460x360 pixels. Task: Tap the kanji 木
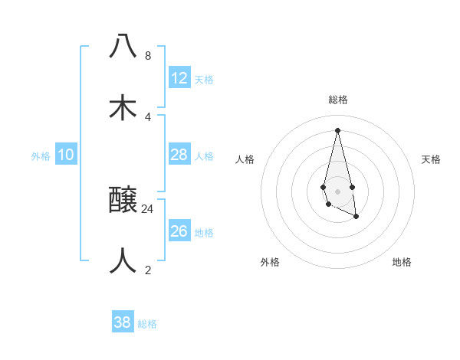tap(123, 107)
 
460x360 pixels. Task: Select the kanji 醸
tap(123, 201)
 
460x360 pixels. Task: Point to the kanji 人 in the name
tap(123, 260)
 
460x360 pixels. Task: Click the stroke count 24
tap(148, 208)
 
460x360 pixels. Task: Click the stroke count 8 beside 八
tap(147, 55)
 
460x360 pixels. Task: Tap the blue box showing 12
tap(179, 78)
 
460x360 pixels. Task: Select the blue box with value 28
tap(179, 155)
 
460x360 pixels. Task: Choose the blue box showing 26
tap(179, 231)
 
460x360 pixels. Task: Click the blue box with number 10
tap(66, 155)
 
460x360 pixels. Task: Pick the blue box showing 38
tap(123, 322)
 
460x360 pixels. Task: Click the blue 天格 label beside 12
tap(204, 80)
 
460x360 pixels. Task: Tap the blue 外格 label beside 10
tap(41, 156)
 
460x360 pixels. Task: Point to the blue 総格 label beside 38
tap(147, 324)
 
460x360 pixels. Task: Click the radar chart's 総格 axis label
tap(338, 100)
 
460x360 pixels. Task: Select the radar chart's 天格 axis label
tap(432, 159)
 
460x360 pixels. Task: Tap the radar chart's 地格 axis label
tap(402, 262)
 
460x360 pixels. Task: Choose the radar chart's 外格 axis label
tap(270, 262)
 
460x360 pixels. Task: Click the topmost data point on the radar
tap(338, 129)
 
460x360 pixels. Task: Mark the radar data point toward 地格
tap(356, 217)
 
